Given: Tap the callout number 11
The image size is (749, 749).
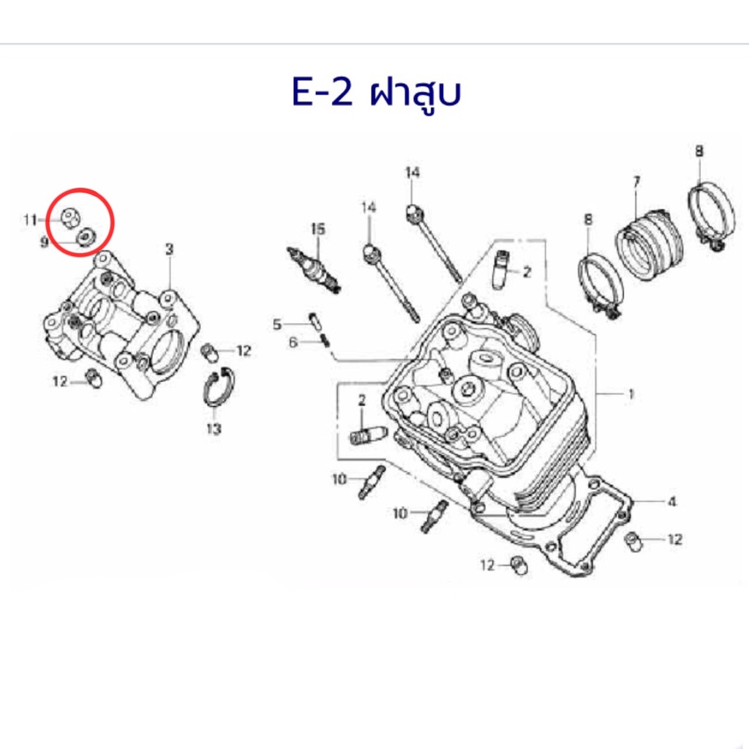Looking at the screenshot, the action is [x=30, y=220].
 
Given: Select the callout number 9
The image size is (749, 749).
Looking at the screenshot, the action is [x=44, y=243].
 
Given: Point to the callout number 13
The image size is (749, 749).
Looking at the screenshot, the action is [x=214, y=429].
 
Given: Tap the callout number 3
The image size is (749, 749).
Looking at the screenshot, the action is [x=169, y=249].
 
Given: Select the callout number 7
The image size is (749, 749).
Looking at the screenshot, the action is [x=636, y=182].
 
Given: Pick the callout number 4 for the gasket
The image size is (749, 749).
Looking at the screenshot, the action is [x=671, y=502].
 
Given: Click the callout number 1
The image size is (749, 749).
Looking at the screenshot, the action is [x=631, y=394].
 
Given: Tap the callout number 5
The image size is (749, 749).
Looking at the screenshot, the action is [x=277, y=325].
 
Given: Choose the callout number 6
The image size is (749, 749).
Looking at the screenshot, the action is [x=293, y=342].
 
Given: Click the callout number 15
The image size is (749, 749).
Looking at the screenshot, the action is [x=317, y=229].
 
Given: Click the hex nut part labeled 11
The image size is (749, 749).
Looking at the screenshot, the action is [x=72, y=218].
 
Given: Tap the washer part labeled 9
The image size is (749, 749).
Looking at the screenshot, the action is [x=86, y=236].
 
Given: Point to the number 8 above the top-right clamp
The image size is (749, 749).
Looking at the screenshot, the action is [x=699, y=151].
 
